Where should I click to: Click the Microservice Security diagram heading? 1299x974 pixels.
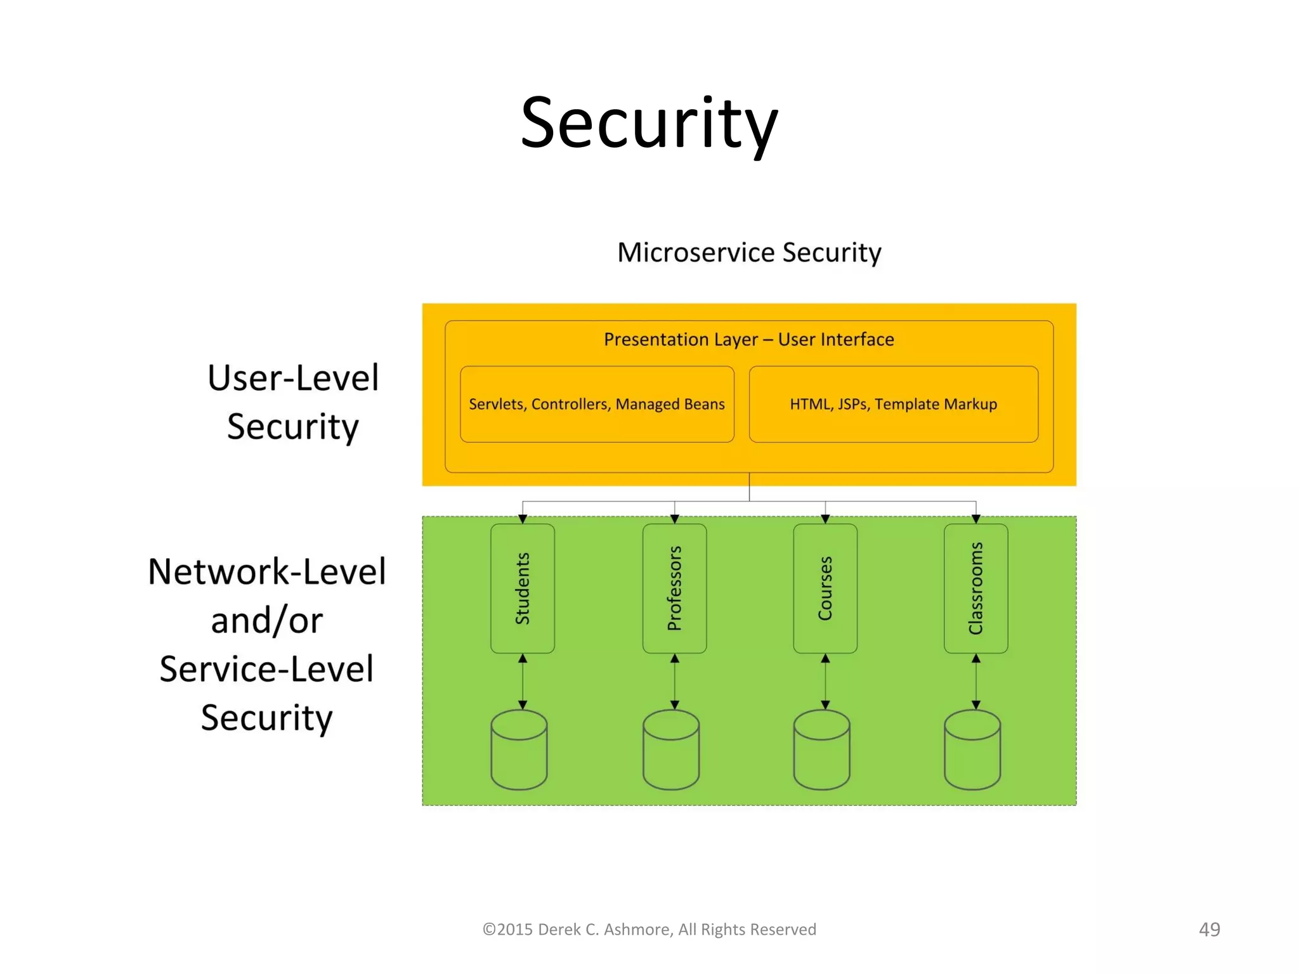(x=749, y=252)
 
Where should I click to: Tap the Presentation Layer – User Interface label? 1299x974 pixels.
(x=748, y=340)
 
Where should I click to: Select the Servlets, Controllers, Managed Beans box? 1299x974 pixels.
(x=597, y=405)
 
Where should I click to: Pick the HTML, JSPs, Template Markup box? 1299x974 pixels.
(x=893, y=405)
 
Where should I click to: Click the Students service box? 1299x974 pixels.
(x=523, y=588)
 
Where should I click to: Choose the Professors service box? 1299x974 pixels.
(x=674, y=588)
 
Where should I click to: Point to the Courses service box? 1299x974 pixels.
(x=825, y=588)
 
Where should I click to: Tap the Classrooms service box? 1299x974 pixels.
(x=976, y=588)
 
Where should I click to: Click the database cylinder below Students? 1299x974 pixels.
(x=519, y=750)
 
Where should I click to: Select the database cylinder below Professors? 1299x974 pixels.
(x=671, y=750)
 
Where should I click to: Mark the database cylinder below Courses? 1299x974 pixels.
(x=821, y=750)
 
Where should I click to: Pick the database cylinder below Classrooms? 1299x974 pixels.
(x=972, y=750)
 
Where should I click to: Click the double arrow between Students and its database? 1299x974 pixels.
(x=523, y=682)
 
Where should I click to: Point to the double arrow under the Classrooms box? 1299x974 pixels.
(x=976, y=682)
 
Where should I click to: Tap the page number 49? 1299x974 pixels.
(x=1209, y=930)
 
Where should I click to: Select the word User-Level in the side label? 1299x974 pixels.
(x=293, y=379)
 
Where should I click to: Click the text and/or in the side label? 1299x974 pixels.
(x=267, y=621)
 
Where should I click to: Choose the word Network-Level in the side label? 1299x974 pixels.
(x=267, y=572)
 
